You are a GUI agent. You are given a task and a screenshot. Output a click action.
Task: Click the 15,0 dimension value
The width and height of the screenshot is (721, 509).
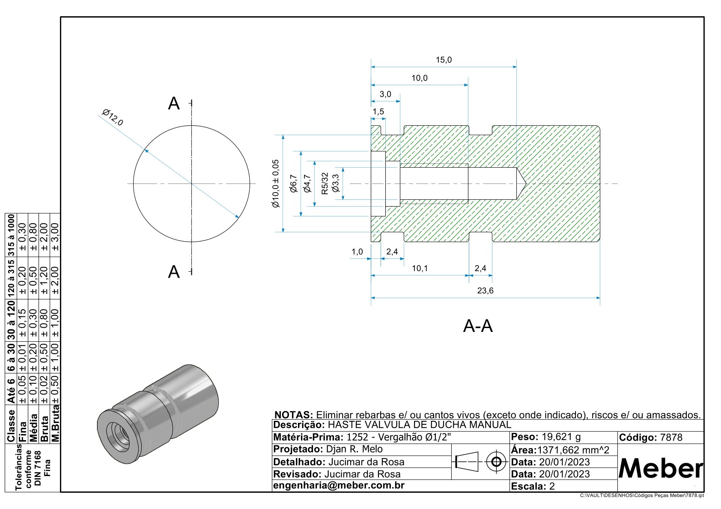(444, 60)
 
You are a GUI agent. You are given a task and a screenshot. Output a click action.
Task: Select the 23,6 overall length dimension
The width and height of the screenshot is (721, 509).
(485, 291)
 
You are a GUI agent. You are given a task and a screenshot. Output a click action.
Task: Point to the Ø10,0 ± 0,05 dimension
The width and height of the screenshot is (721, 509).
(276, 183)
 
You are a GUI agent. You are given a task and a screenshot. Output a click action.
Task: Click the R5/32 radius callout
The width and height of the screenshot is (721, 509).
(325, 183)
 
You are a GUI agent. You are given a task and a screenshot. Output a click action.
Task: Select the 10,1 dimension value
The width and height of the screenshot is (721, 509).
(420, 269)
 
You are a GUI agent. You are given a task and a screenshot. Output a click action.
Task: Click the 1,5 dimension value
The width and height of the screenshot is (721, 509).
(378, 112)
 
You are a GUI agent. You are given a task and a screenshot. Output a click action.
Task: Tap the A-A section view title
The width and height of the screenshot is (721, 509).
(478, 326)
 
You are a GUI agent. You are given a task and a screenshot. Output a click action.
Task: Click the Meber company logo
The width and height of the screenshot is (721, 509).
(661, 468)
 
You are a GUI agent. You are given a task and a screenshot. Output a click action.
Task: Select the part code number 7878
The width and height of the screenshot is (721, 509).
(671, 438)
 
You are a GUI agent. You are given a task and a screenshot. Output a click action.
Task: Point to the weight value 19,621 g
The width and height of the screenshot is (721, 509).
(561, 437)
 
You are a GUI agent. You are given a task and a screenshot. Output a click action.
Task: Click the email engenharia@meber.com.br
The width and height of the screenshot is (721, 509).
(339, 485)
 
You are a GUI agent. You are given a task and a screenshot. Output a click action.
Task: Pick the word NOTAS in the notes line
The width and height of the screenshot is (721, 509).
(294, 415)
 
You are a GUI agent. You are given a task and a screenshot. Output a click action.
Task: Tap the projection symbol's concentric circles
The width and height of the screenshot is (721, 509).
(497, 462)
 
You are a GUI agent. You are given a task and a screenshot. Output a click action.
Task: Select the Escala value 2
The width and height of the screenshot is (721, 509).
(552, 486)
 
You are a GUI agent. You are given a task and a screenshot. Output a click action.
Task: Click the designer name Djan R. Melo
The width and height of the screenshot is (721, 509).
(354, 450)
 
